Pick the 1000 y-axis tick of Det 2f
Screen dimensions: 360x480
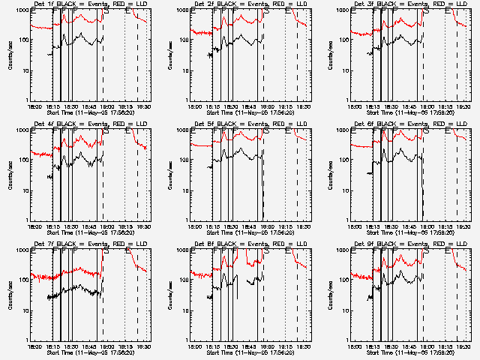[x=184, y=11]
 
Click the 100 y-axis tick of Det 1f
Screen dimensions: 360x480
[x=23, y=41]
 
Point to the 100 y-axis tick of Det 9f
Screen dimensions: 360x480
[x=344, y=281]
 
